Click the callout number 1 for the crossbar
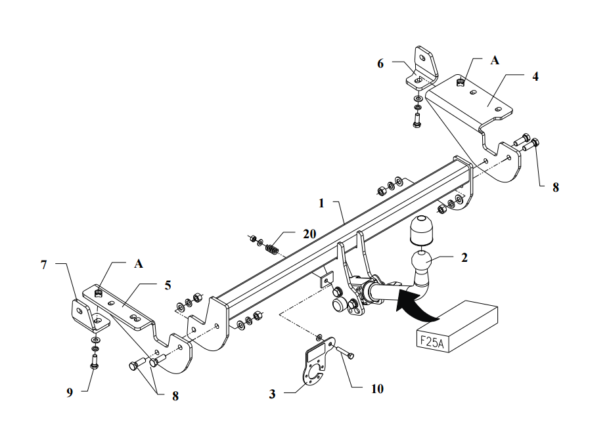pos(321,203)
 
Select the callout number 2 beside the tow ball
pos(464,257)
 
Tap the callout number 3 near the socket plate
pos(272,394)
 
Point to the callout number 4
pos(535,76)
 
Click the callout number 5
pos(168,285)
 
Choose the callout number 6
pos(380,64)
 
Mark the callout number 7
pos(44,265)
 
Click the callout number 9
pos(70,392)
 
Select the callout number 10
pos(377,389)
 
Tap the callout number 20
pos(309,234)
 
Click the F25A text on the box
pos(432,341)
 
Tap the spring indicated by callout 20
pos(272,249)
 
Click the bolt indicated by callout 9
pos(94,362)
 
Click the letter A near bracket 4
pos(495,60)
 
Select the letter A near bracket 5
pos(139,264)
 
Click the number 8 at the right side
pos(556,188)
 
